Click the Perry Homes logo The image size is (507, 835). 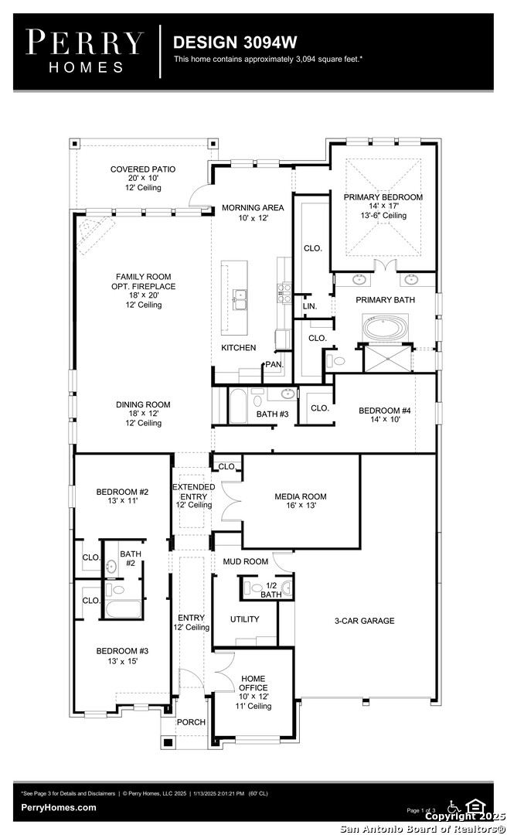tap(84, 51)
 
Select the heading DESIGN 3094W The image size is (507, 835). tap(235, 42)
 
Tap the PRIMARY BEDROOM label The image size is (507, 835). tap(383, 197)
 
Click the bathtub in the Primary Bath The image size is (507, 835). tap(386, 328)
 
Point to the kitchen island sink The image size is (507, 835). tap(239, 300)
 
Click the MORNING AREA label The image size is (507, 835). tap(253, 208)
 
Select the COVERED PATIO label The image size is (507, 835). tap(143, 169)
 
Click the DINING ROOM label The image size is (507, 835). tap(143, 404)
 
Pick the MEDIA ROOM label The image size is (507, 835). tap(301, 496)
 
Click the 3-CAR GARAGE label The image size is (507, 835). tap(364, 620)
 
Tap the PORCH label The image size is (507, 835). tap(191, 722)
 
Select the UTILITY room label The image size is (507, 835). tap(244, 619)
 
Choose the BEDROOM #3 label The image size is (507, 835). tap(122, 651)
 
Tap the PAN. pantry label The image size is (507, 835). tap(274, 365)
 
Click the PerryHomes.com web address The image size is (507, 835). tap(59, 807)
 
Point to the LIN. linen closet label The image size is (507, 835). tap(309, 306)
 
